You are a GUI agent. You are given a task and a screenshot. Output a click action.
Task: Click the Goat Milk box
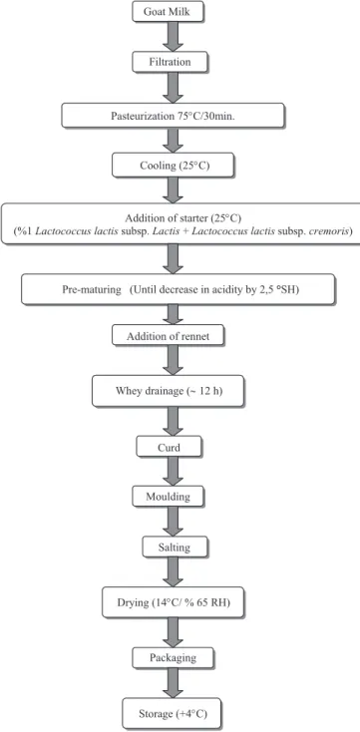pos(169,12)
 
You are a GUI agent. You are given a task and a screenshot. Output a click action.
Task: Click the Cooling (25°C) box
pos(173,166)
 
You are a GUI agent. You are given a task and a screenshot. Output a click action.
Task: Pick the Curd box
pos(169,447)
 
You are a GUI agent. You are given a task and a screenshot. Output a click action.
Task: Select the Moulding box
pos(169,497)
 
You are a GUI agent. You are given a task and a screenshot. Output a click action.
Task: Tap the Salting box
pos(168,546)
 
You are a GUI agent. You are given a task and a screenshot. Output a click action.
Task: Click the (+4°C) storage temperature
pos(191,714)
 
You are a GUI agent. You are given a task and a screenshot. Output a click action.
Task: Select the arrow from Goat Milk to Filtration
pos(173,37)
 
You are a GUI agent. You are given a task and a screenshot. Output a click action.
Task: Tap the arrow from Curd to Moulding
pos(173,472)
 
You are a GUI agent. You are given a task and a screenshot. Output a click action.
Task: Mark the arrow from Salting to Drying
pos(173,571)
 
